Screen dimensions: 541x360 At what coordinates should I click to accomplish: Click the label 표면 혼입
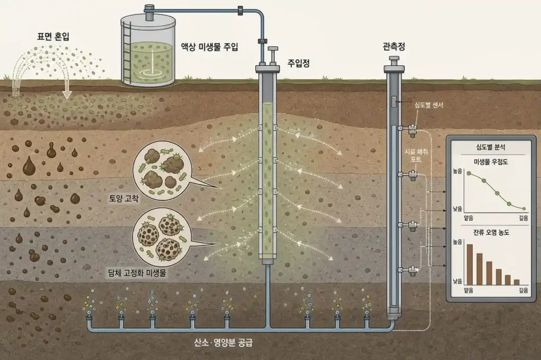pyautogui.click(x=53, y=36)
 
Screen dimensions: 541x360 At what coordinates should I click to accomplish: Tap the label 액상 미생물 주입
pyautogui.click(x=209, y=46)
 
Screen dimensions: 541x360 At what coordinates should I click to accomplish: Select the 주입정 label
pyautogui.click(x=299, y=63)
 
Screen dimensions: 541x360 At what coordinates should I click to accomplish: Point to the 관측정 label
pyautogui.click(x=394, y=46)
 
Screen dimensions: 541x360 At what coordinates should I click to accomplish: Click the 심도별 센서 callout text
pyautogui.click(x=429, y=105)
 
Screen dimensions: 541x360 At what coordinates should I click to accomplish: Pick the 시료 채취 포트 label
pyautogui.click(x=416, y=156)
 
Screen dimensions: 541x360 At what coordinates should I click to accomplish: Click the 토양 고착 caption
pyautogui.click(x=124, y=198)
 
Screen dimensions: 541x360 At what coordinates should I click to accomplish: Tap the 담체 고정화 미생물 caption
pyautogui.click(x=137, y=273)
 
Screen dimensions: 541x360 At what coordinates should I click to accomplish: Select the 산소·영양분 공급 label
pyautogui.click(x=223, y=343)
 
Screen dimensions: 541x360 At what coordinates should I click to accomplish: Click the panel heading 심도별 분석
pyautogui.click(x=491, y=147)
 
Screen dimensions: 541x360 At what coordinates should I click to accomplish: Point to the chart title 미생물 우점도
pyautogui.click(x=491, y=162)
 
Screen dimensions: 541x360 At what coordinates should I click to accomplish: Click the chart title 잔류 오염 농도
pyautogui.click(x=491, y=232)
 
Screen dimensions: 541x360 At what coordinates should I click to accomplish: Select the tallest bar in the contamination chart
pyautogui.click(x=470, y=264)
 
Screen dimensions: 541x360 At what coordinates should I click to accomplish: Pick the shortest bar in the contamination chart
pyautogui.click(x=517, y=282)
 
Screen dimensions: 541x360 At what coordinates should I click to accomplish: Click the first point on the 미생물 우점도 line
pyautogui.click(x=469, y=173)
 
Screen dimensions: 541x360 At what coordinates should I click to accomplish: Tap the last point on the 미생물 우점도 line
pyautogui.click(x=524, y=209)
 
